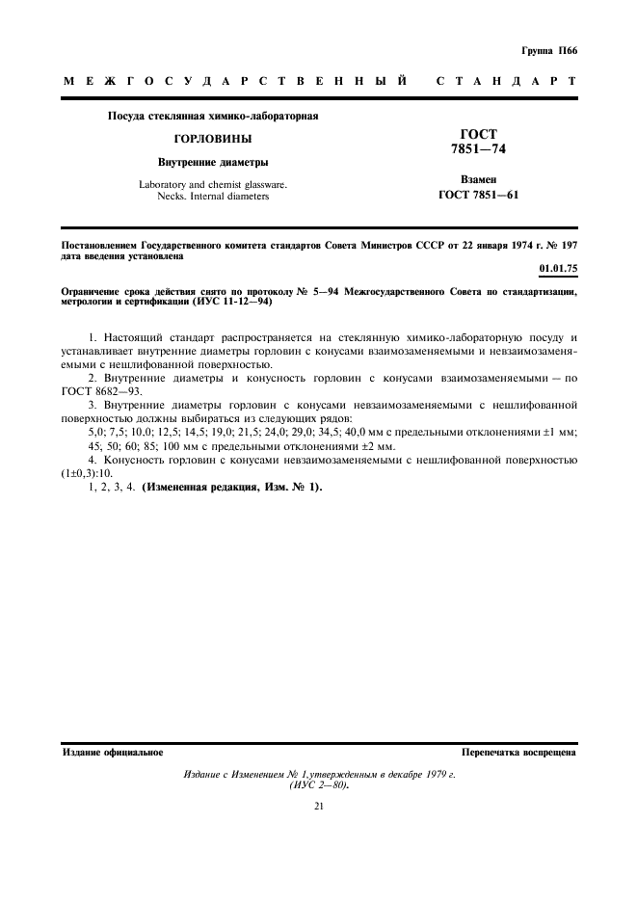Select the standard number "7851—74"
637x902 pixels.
(x=485, y=149)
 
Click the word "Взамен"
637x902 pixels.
(x=484, y=180)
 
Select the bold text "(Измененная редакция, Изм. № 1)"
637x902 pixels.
(x=232, y=487)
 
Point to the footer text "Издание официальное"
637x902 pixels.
(x=112, y=752)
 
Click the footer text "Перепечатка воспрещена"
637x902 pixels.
(x=518, y=752)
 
